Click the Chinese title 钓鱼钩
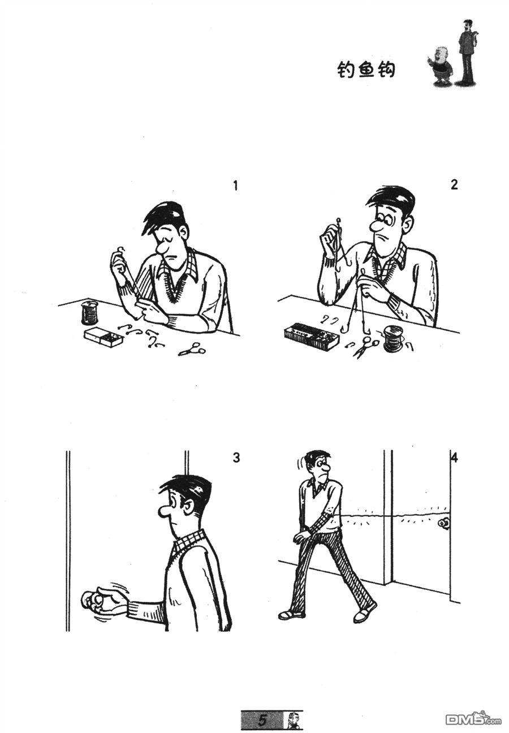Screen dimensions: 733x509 [366, 70]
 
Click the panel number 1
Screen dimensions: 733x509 [236, 186]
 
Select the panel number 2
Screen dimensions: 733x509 [454, 184]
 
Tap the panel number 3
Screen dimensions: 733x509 [236, 457]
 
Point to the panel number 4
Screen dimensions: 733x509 [454, 458]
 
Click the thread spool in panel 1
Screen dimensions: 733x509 [89, 313]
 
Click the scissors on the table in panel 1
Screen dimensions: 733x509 [192, 350]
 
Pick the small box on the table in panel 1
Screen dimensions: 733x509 [103, 337]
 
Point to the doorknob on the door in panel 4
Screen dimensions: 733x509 [444, 523]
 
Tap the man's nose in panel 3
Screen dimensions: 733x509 [165, 511]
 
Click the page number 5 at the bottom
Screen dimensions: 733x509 [262, 720]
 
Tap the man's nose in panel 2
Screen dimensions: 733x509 [376, 227]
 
